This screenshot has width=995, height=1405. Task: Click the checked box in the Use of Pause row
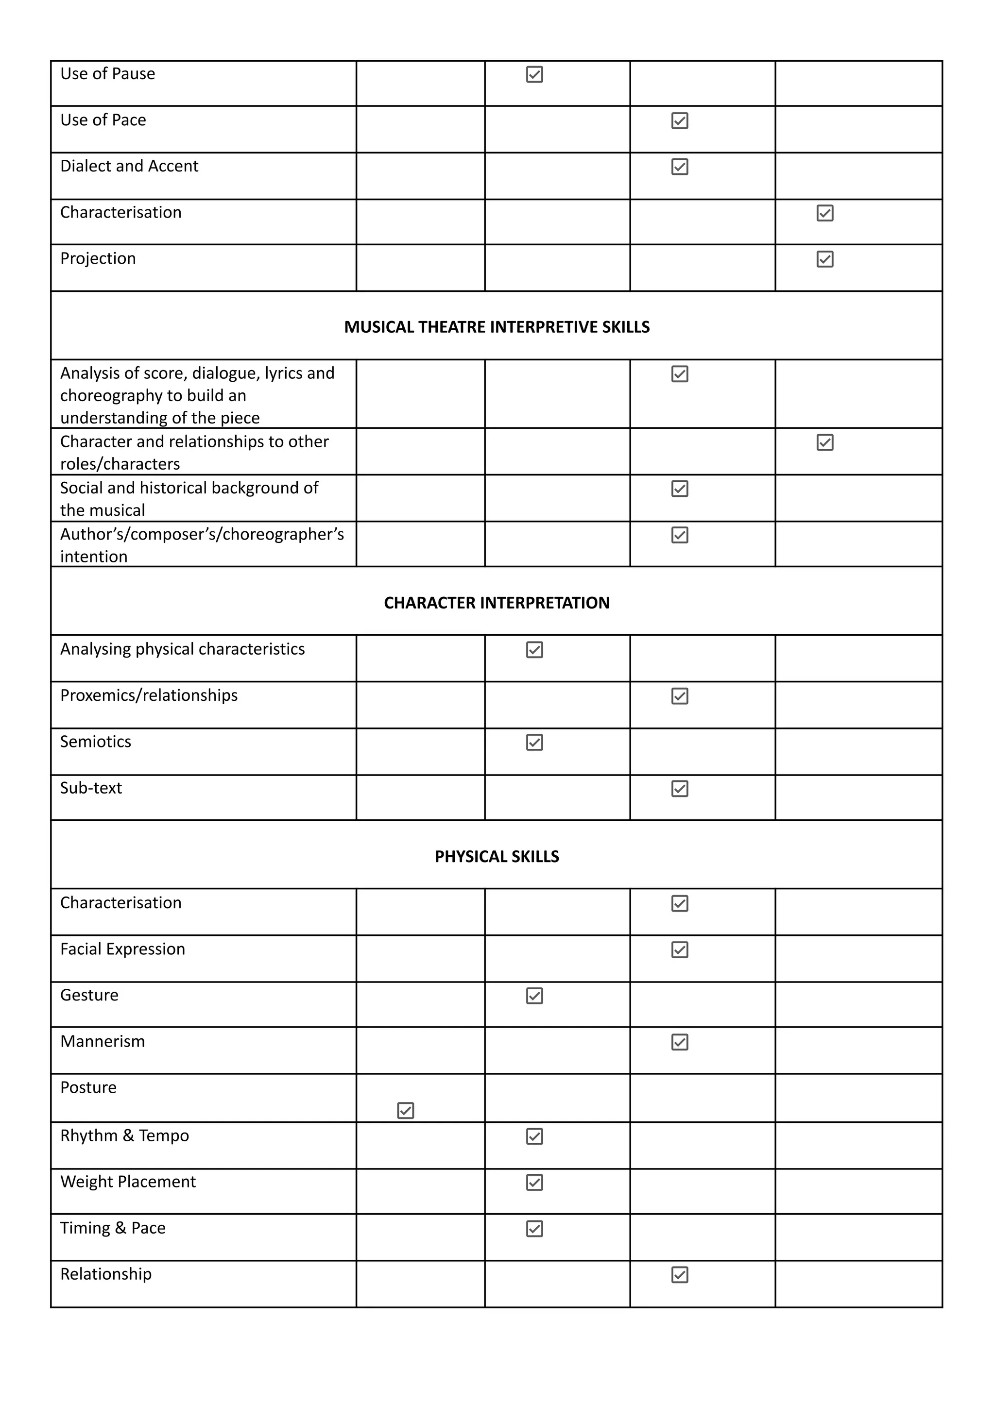coord(534,75)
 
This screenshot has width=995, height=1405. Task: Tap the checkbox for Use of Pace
coord(680,120)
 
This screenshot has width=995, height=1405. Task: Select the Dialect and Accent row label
coord(129,166)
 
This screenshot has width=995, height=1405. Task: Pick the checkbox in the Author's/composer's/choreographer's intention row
coord(680,535)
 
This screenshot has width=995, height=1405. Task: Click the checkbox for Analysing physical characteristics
coord(534,650)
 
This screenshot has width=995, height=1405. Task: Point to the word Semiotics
coord(96,742)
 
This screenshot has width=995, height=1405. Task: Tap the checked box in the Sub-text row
coord(680,788)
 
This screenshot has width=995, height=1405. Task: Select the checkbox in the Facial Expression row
coord(680,950)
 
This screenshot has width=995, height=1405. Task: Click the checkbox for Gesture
coord(534,996)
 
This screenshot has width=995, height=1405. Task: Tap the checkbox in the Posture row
coord(406,1110)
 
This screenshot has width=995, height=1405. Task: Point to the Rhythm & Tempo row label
coord(124,1135)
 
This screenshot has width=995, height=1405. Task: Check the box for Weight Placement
coord(534,1182)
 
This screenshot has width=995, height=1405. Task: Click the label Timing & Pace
coord(113,1228)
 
